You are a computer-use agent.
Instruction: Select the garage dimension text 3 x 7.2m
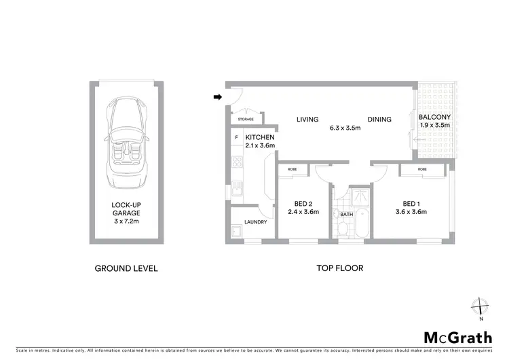pos(126,221)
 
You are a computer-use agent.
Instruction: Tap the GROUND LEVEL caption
pos(126,268)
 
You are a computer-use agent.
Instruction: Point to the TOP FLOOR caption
pos(340,268)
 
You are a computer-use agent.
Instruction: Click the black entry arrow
pos(218,97)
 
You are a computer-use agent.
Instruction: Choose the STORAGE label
pos(246,120)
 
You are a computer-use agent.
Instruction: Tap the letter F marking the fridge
pos(236,138)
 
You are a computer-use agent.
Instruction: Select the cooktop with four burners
pos(237,162)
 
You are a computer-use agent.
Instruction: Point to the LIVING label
pos(307,120)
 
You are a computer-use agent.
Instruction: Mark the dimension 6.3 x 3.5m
pos(344,128)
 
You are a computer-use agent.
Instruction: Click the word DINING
pos(379,120)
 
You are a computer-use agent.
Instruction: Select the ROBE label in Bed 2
pos(292,169)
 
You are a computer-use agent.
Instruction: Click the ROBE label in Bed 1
pos(422,169)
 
